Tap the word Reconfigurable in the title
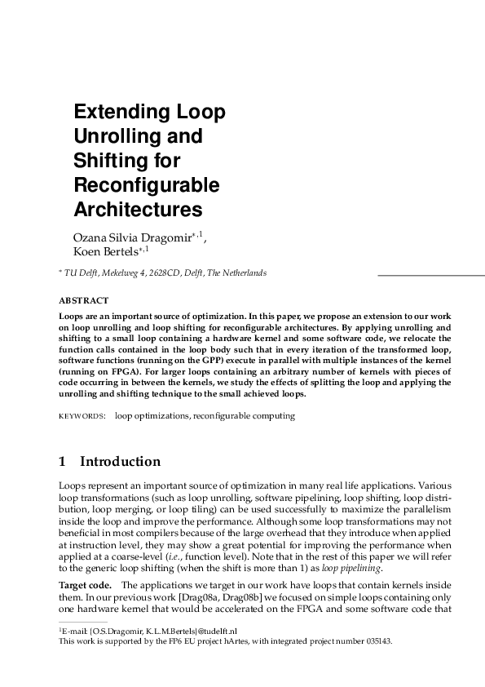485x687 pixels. tap(147, 184)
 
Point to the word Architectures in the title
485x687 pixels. tap(138, 209)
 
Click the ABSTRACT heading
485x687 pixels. tap(84, 300)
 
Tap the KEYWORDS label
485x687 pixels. tap(82, 416)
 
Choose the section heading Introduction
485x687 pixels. tap(120, 462)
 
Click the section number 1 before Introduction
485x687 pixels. tap(63, 462)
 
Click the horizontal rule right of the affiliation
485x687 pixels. tap(430, 277)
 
